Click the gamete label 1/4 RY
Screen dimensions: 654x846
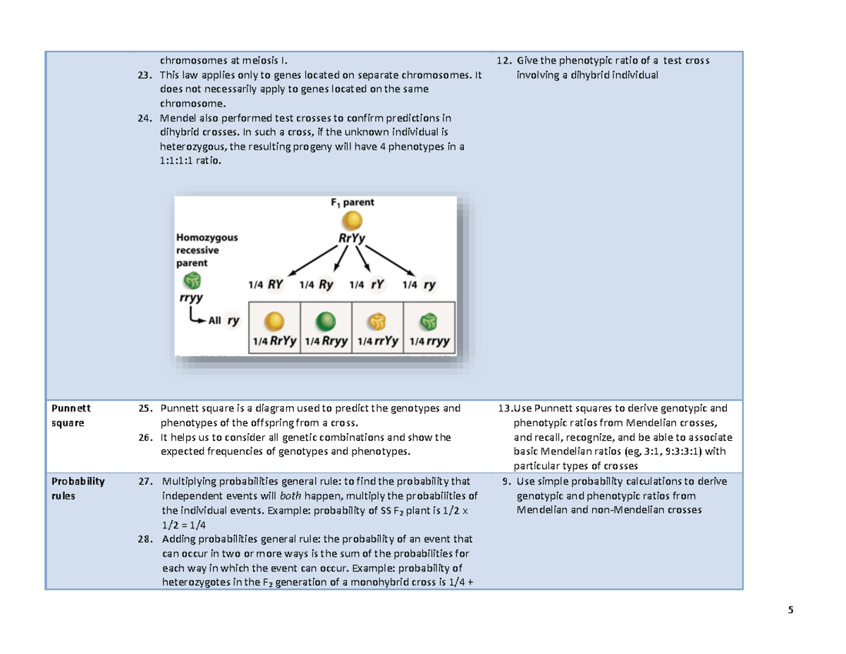(266, 285)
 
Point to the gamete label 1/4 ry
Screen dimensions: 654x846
(420, 285)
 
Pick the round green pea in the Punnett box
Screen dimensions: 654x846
(326, 322)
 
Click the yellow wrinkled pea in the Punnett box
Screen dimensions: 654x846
(378, 322)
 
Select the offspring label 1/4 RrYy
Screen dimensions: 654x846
(274, 341)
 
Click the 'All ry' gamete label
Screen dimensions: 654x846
(223, 321)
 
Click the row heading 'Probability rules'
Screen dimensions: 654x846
(76, 488)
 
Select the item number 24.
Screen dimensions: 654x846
(145, 117)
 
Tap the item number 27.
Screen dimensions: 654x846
(145, 482)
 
